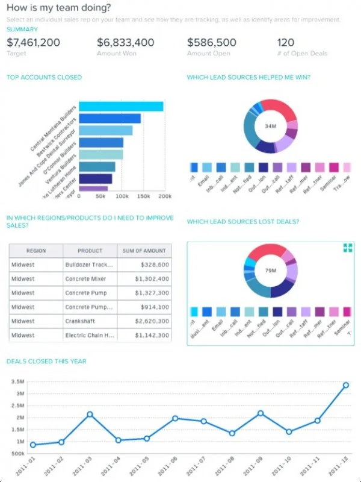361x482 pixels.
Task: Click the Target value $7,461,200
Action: point(33,42)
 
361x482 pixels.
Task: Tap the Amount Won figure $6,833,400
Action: point(125,42)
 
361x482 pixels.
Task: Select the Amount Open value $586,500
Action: point(211,42)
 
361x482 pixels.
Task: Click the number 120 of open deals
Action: point(286,42)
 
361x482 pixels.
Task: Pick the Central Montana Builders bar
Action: point(121,107)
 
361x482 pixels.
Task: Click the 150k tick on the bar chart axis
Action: point(143,196)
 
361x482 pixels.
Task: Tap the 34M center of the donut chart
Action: point(270,127)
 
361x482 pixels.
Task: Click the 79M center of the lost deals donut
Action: point(270,271)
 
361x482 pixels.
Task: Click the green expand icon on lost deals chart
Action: point(347,248)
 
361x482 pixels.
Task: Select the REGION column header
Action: point(35,251)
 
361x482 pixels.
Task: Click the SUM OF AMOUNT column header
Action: point(145,251)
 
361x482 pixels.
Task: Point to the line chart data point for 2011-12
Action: point(346,385)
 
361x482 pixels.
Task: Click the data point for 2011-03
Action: point(90,415)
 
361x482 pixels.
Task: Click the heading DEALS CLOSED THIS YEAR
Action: point(46,361)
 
